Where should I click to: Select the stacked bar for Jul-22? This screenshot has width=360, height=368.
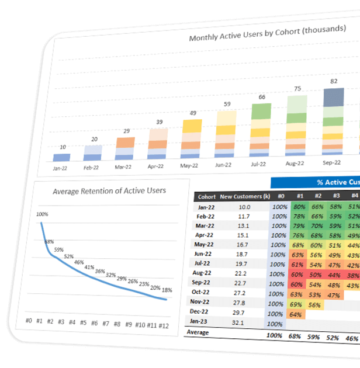pyautogui.click(x=262, y=132)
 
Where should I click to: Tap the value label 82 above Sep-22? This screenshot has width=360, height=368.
pyautogui.click(x=334, y=81)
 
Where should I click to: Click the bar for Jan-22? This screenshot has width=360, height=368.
pyautogui.click(x=61, y=157)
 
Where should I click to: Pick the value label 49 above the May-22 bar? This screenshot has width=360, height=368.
pyautogui.click(x=192, y=113)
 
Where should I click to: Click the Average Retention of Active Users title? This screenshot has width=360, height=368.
pyautogui.click(x=109, y=190)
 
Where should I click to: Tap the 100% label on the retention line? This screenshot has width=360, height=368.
pyautogui.click(x=41, y=214)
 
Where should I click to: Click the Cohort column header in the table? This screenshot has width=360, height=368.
pyautogui.click(x=207, y=197)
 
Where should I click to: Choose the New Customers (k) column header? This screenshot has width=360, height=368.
pyautogui.click(x=244, y=197)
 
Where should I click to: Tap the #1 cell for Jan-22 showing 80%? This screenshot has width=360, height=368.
pyautogui.click(x=299, y=207)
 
